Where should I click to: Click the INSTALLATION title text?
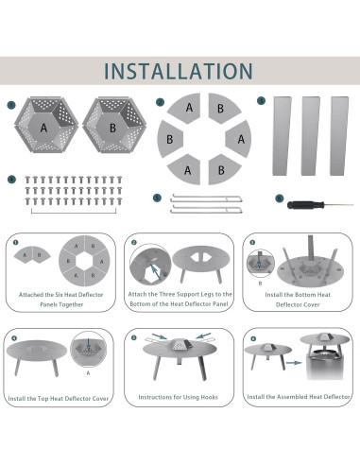[179, 71]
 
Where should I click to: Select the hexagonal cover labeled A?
[46, 125]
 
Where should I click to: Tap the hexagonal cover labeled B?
[114, 125]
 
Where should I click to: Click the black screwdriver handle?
[305, 205]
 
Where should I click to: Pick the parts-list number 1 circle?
[11, 105]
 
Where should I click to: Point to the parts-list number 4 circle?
[11, 180]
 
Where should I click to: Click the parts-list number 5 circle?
[157, 198]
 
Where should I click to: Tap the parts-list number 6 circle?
[279, 198]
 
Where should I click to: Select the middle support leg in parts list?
[310, 136]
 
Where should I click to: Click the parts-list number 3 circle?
[261, 101]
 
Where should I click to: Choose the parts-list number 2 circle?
[161, 102]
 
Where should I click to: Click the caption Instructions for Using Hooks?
[179, 397]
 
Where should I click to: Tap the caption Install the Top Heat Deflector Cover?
[59, 399]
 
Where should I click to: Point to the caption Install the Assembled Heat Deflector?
[299, 397]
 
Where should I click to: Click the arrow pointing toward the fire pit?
[294, 363]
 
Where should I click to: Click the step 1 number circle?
[16, 242]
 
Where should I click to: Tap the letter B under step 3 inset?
[260, 284]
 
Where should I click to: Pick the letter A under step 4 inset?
[88, 373]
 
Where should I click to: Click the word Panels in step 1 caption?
[48, 304]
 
